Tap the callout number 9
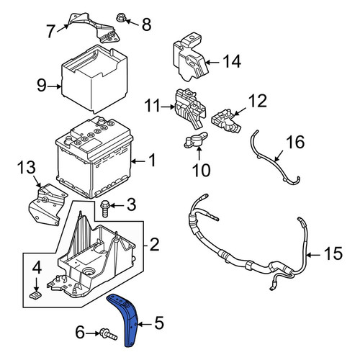(41, 86)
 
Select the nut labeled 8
(120, 18)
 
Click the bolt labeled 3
(105, 209)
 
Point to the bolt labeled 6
(108, 334)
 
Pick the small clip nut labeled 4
(36, 295)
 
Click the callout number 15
(333, 254)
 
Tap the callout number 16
(296, 142)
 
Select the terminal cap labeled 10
(195, 140)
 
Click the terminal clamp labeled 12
(226, 121)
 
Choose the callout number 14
(232, 61)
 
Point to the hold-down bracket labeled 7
(95, 27)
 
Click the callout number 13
(27, 167)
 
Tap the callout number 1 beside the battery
(152, 161)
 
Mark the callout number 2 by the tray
(154, 245)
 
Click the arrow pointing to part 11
(168, 107)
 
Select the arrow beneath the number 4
(36, 284)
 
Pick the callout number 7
(50, 31)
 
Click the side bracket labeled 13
(48, 204)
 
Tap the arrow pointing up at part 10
(199, 153)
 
